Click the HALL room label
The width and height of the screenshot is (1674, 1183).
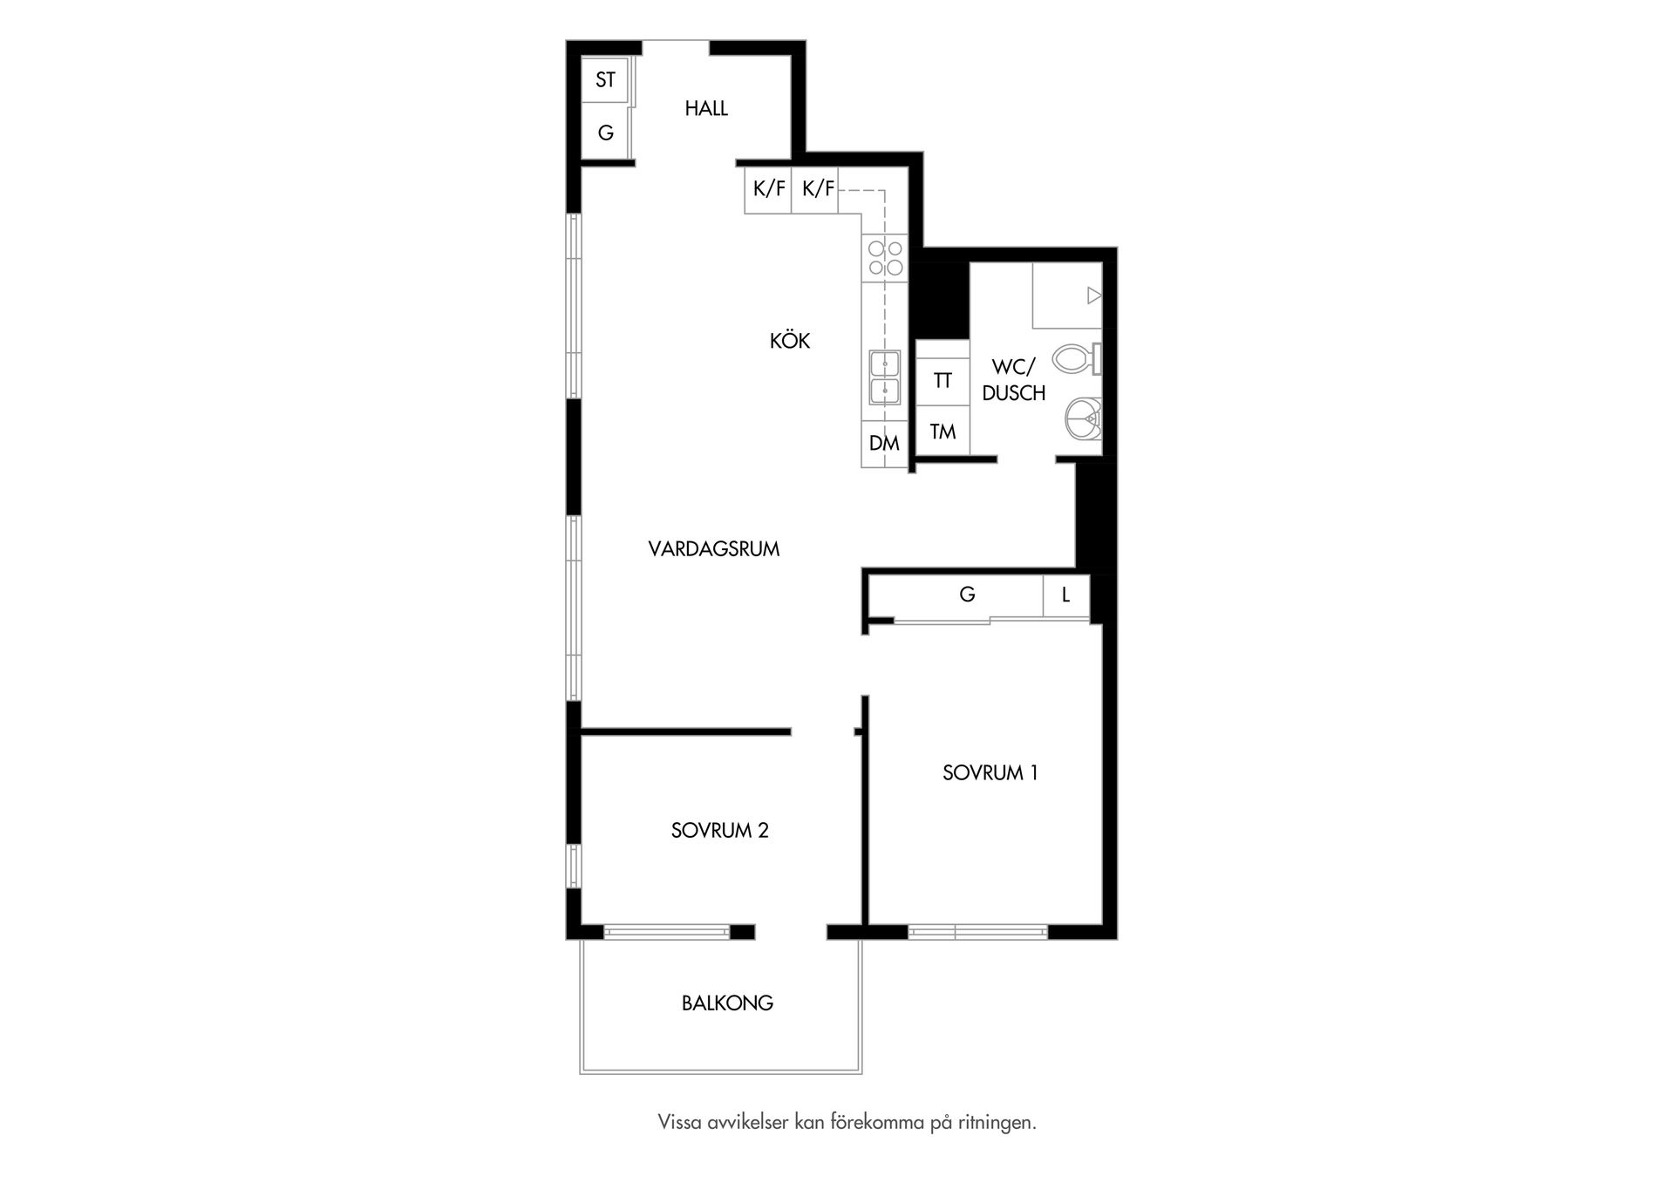tap(706, 109)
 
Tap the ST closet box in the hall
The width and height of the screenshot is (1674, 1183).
tap(606, 80)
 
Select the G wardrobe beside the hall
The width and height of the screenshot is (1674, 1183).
tap(606, 132)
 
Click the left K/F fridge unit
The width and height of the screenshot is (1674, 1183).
tap(768, 189)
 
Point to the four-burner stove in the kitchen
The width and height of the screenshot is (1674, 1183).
tap(885, 258)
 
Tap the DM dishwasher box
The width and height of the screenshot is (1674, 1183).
tap(885, 444)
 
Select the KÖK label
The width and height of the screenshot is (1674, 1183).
tap(790, 341)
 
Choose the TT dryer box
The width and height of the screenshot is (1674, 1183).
tap(942, 381)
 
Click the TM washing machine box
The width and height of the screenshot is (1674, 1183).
tap(942, 431)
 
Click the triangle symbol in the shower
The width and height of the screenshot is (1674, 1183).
tap(1094, 296)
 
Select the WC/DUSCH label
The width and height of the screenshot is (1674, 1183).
tap(1013, 381)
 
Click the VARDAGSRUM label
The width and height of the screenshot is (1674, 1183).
tap(714, 549)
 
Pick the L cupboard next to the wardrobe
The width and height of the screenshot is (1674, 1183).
tap(1066, 596)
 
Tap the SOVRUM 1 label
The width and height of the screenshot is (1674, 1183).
tap(990, 773)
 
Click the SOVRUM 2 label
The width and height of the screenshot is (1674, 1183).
tap(720, 831)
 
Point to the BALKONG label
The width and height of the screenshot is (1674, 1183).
tap(727, 1003)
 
